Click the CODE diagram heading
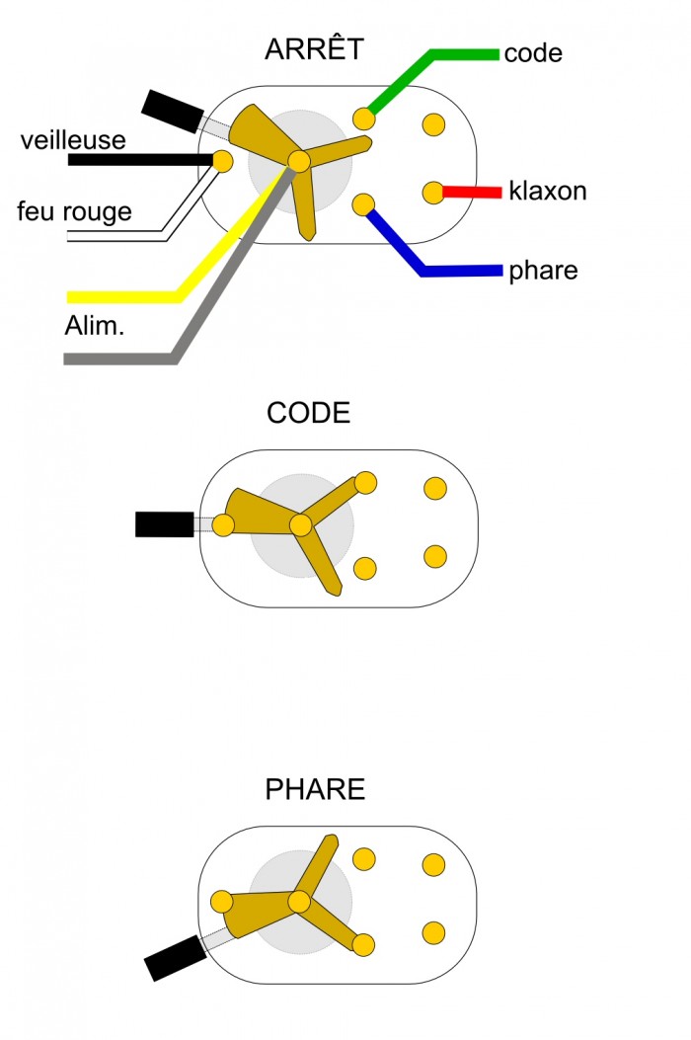coord(308,413)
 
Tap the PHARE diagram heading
coord(315,790)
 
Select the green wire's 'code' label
coord(533,53)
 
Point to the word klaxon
coord(548,191)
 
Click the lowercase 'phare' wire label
coord(543,271)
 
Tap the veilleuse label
coord(73,140)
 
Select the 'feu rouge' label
coord(74,211)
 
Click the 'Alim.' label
coord(95,326)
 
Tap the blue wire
coord(464,270)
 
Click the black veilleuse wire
coord(138,159)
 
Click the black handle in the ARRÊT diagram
coord(170,109)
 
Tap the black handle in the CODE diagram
coord(164,524)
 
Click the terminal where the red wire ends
coord(432,193)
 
